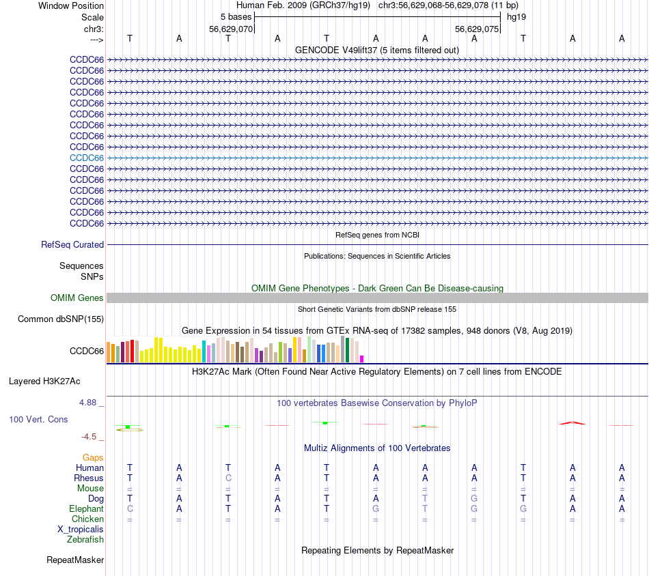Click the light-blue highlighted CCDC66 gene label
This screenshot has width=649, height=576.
87,158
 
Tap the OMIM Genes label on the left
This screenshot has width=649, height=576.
77,298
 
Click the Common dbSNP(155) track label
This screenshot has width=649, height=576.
61,319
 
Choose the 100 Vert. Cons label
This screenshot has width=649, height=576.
38,419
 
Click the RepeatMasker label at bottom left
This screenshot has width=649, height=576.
75,560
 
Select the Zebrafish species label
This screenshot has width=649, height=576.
85,539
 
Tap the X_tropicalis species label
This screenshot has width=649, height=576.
81,529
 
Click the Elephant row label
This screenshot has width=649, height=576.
86,508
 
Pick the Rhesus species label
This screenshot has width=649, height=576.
89,478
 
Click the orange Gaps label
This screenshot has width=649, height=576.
93,457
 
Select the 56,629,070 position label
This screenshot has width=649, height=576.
231,29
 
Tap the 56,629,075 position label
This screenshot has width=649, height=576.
477,29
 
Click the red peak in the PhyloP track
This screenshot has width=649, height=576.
572,422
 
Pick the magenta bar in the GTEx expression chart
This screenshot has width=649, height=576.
362,359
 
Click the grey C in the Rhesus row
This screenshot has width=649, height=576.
228,478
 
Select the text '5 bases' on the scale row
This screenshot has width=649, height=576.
236,16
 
